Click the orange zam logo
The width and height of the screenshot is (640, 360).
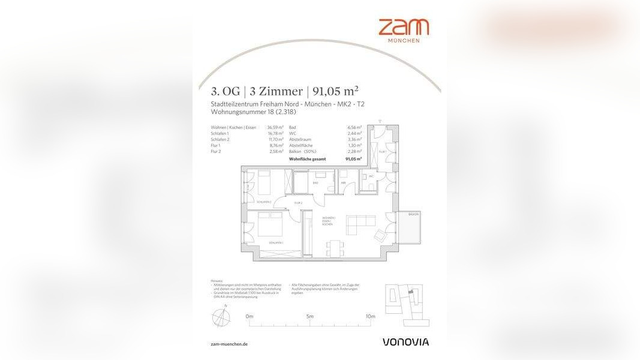point(403,28)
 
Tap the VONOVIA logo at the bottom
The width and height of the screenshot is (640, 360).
point(405,342)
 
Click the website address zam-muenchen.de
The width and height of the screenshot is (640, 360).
point(230,344)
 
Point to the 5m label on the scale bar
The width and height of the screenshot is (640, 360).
point(310,316)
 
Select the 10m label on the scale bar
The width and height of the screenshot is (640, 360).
point(370,316)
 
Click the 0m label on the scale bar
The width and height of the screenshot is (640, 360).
point(250,316)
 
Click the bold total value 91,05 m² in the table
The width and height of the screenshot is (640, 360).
point(353,159)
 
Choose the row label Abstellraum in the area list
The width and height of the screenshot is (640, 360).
point(300,139)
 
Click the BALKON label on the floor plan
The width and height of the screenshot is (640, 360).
point(413,214)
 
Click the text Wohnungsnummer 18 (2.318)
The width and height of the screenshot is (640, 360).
point(253,112)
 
